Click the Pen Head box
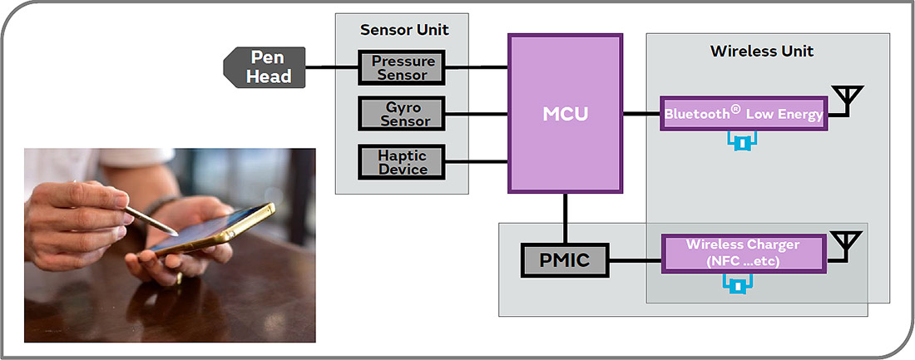tap(265, 67)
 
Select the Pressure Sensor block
tap(402, 67)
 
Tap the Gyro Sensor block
tap(402, 114)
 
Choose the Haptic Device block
tap(402, 162)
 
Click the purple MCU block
tap(565, 113)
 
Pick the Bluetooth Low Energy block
tap(743, 113)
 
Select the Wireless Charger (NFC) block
tap(743, 253)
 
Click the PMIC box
tap(566, 260)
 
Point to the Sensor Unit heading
tap(404, 30)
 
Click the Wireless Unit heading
tap(761, 52)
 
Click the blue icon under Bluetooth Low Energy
tap(740, 143)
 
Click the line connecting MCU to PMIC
tap(566, 218)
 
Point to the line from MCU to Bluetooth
tap(641, 113)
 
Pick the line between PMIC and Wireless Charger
tap(636, 260)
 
